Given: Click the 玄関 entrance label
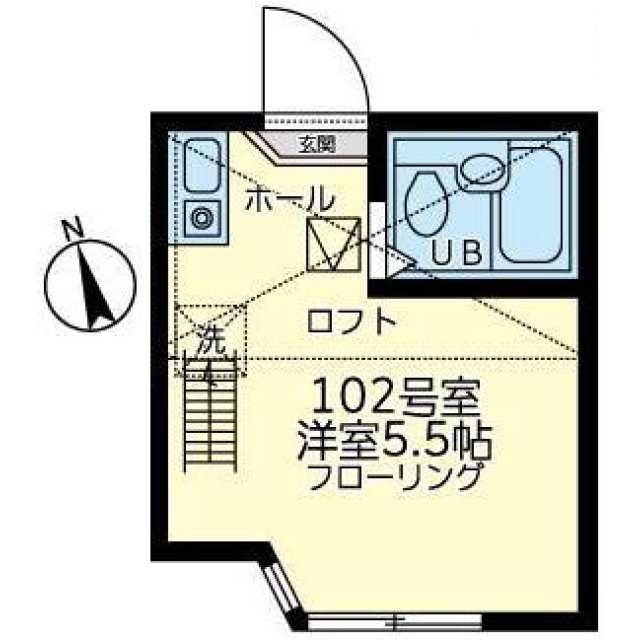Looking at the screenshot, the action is [x=317, y=144].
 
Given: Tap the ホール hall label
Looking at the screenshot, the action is [x=289, y=199].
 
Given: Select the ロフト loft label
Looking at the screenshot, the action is [x=351, y=322].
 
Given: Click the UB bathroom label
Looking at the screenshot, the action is [x=457, y=252].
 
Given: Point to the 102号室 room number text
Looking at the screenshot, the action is [x=395, y=396].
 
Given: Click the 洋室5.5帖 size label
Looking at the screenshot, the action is [x=395, y=442].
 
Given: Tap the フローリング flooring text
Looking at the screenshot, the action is [x=395, y=477].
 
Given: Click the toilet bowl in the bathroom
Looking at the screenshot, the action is [x=427, y=204].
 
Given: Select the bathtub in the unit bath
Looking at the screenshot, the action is [x=531, y=204].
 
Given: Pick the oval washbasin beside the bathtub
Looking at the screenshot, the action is [x=483, y=169].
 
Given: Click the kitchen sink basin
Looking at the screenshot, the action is [x=203, y=165].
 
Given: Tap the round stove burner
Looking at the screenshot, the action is [x=203, y=218].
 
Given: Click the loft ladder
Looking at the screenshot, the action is [x=211, y=413].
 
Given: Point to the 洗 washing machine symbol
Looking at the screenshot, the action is [x=211, y=340].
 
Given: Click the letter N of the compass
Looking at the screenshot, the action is [x=73, y=229].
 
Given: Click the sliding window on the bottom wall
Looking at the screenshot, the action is [x=394, y=623].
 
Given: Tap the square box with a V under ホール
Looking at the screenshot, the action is [x=334, y=244].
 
